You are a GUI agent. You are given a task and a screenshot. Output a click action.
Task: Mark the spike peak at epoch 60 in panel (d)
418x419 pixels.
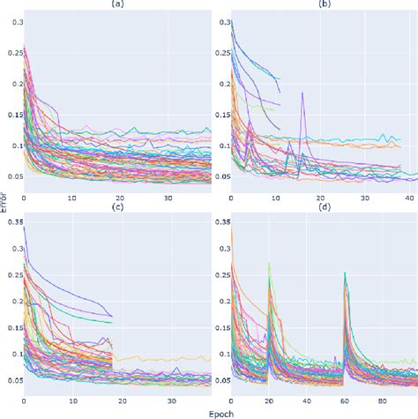click(x=343, y=273)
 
